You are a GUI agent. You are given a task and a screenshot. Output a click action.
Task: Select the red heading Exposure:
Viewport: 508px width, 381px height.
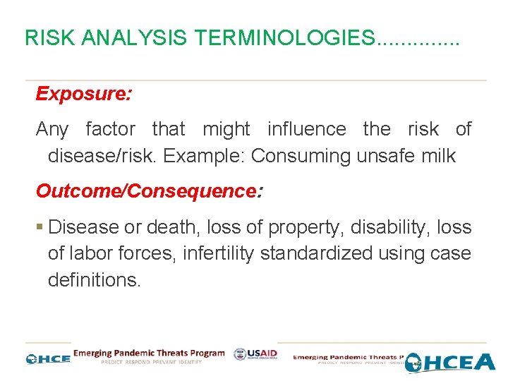point(83,95)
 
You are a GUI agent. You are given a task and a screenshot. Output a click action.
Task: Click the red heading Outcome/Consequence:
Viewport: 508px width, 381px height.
point(149,191)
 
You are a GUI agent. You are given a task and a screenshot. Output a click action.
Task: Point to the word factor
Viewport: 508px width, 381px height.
point(110,130)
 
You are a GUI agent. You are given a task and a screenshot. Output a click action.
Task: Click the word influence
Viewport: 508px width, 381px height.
point(306,130)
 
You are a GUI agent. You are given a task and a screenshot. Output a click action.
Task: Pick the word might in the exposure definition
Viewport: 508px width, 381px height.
point(226,130)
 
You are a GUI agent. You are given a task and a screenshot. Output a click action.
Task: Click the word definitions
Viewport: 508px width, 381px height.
point(94,279)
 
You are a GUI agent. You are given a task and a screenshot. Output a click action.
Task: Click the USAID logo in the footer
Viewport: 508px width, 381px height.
point(255,355)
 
